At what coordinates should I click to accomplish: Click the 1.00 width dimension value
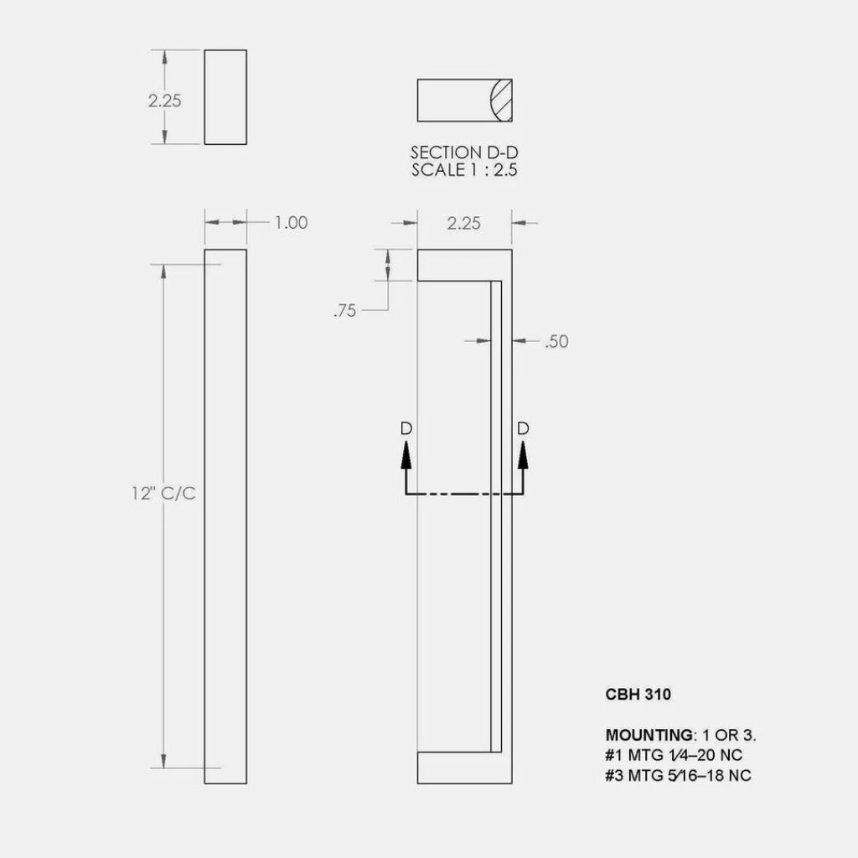click(291, 223)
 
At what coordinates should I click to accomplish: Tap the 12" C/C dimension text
click(163, 494)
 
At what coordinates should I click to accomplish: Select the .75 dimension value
click(344, 311)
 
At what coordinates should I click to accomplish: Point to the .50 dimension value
click(556, 342)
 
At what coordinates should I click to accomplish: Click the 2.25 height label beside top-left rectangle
click(165, 101)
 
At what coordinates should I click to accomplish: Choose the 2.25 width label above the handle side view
click(464, 223)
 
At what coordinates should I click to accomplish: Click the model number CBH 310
click(638, 695)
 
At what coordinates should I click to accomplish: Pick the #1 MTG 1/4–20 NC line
click(674, 756)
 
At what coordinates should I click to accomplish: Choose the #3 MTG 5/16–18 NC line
click(678, 776)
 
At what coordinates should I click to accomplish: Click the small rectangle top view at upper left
click(225, 96)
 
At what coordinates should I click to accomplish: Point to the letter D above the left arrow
click(406, 428)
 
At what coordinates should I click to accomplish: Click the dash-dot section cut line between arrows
click(465, 495)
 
